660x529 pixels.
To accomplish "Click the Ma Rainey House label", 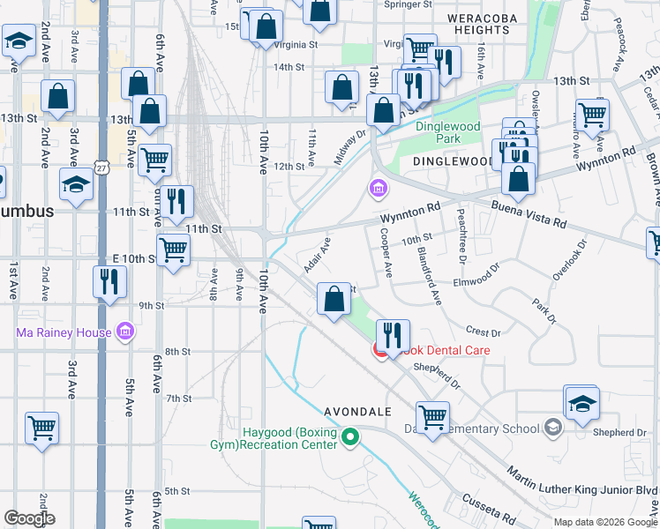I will pos(64,332).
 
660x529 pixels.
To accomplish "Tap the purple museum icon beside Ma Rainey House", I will pos(124,332).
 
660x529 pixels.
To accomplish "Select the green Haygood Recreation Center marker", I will pos(350,436).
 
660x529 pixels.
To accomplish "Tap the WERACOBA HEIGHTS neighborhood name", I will pos(477,24).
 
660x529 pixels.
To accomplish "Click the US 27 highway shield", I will pos(102,168).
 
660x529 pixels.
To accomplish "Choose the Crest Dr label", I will pos(483,332).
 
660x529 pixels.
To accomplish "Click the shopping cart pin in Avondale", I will pos(432,417).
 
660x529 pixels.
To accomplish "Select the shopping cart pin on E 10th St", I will pos(173,250).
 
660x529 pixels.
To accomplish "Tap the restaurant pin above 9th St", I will pos(109,282).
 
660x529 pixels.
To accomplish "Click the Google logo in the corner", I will pos(29,518).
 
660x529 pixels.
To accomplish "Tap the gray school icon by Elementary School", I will pos(552,428).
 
